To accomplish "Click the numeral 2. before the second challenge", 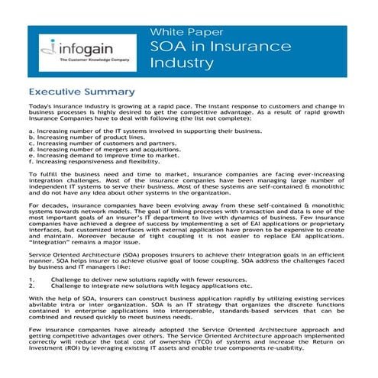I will (31, 287).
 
